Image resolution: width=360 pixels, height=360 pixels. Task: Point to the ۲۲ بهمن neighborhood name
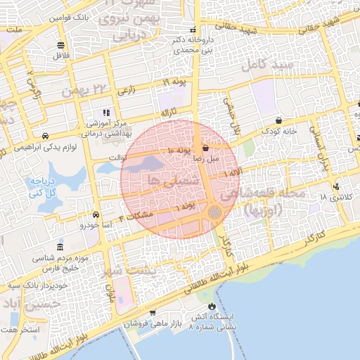point(77,91)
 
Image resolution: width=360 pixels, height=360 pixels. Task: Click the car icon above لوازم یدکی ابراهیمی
point(45,136)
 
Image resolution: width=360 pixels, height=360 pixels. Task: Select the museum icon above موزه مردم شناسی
point(60,249)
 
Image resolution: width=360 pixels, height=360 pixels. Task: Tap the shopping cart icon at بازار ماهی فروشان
point(152,314)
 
